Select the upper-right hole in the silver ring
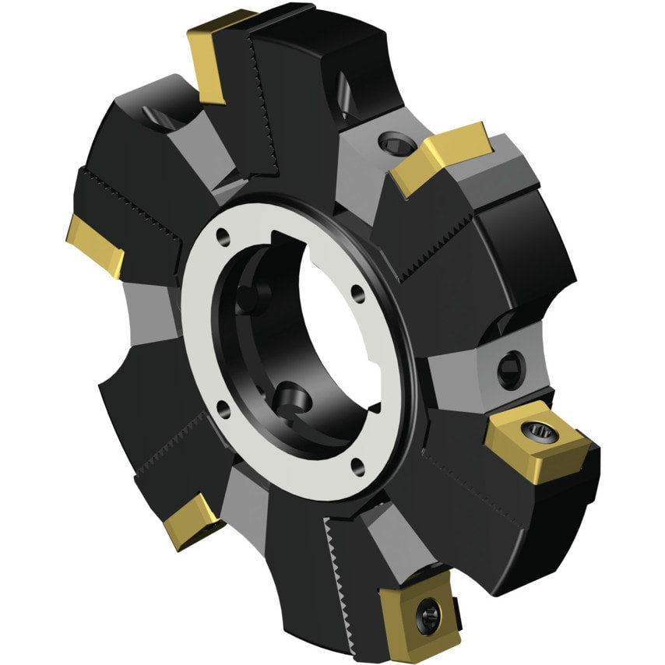(357, 294)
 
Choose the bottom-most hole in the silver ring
(358, 466)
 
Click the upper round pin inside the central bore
(250, 295)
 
